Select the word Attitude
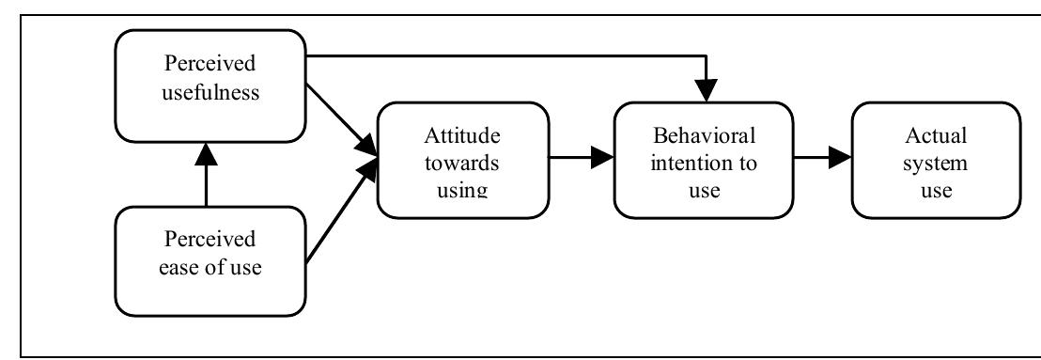point(460,133)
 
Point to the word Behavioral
point(698,133)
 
